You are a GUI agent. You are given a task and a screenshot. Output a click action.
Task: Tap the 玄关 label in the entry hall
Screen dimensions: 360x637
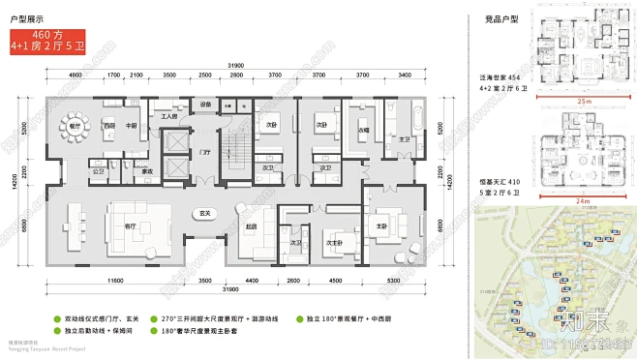205,212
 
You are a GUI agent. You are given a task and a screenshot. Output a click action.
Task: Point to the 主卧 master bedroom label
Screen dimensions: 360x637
381,225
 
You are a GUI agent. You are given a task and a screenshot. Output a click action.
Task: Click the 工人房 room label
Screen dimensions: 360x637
167,117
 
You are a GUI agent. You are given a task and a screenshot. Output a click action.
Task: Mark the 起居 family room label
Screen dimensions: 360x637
252,225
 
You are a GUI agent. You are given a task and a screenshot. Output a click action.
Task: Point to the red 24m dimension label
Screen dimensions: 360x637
582,199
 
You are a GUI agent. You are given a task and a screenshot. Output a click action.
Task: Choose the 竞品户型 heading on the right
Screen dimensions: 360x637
500,18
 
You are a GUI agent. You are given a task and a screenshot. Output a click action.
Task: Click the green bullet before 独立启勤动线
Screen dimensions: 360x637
55,330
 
